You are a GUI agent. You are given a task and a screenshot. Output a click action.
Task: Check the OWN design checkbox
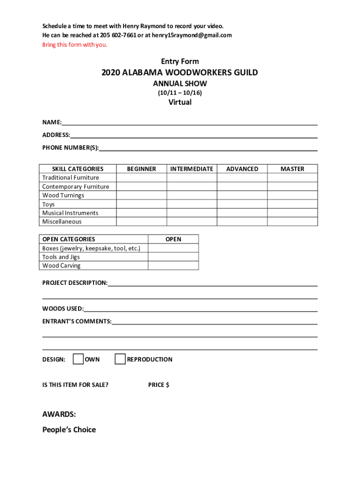pyautogui.click(x=79, y=359)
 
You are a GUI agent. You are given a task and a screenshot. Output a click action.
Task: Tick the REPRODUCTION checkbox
pyautogui.click(x=120, y=359)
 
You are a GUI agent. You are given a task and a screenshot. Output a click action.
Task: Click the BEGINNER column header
pyautogui.click(x=141, y=169)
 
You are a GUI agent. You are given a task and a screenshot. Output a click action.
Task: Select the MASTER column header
pyautogui.click(x=292, y=169)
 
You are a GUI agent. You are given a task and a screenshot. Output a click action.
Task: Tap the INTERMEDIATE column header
pyautogui.click(x=192, y=169)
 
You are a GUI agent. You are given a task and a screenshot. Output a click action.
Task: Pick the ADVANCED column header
pyautogui.click(x=242, y=169)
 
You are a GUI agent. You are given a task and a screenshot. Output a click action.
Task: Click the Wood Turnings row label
pyautogui.click(x=63, y=196)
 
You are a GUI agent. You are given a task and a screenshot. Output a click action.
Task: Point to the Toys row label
pyautogui.click(x=49, y=204)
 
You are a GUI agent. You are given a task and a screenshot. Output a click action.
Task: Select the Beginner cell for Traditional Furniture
pyautogui.click(x=141, y=178)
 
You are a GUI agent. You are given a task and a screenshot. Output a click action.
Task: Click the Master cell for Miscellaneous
pyautogui.click(x=292, y=222)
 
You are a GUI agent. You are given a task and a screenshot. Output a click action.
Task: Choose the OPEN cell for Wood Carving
pyautogui.click(x=173, y=266)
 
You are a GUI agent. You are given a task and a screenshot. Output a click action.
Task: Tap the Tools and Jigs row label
pyautogui.click(x=61, y=257)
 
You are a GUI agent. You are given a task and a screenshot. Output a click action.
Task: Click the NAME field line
pyautogui.click(x=189, y=123)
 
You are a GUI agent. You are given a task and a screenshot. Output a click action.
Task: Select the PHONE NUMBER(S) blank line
pyautogui.click(x=208, y=148)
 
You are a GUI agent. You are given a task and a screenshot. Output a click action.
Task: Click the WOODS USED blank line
pyautogui.click(x=201, y=309)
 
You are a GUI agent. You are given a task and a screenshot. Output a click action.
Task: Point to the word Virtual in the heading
pyautogui.click(x=180, y=102)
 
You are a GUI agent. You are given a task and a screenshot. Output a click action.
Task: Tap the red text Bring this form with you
pyautogui.click(x=75, y=45)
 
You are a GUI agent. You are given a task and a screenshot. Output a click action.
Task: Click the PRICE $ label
pyautogui.click(x=159, y=385)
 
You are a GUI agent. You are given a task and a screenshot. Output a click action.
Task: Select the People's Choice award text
pyautogui.click(x=69, y=429)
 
